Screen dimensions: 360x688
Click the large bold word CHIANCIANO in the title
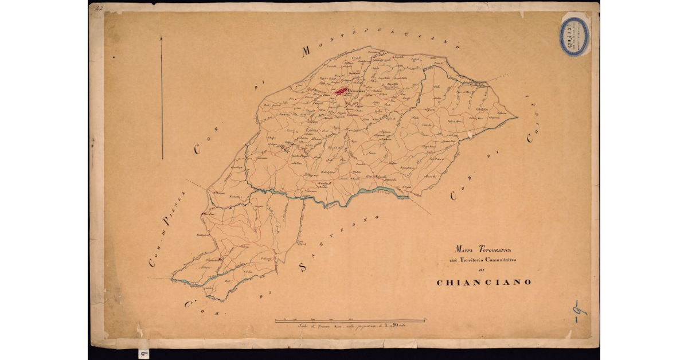point(484,282)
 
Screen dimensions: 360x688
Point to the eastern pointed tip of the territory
point(517,118)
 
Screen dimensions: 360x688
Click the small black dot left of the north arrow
point(115,57)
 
